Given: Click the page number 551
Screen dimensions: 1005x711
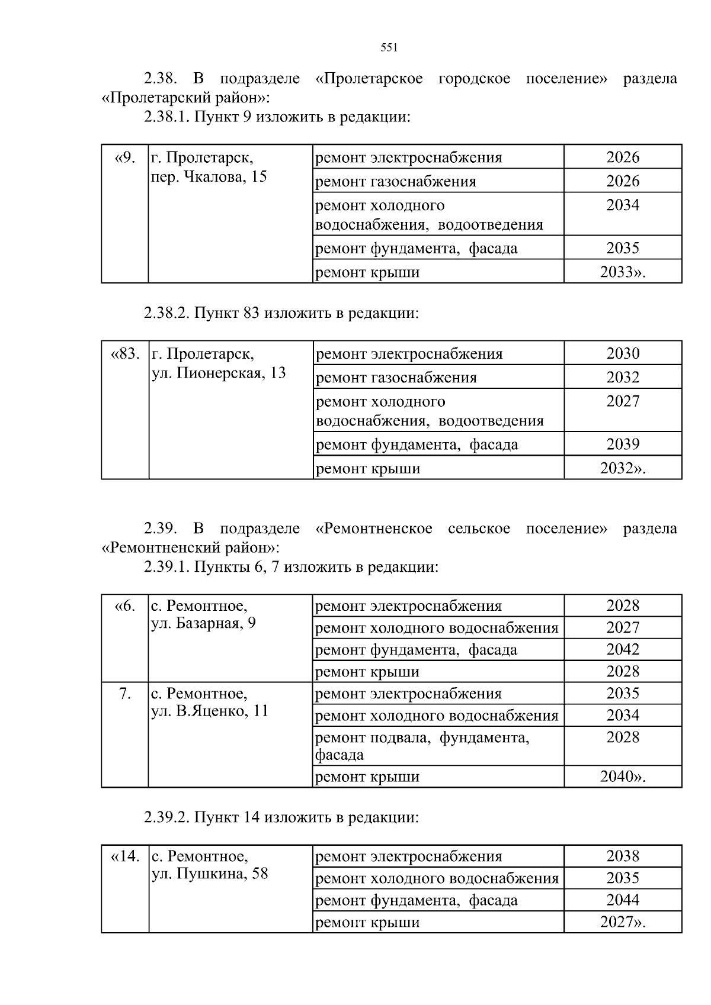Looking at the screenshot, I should pos(389,48).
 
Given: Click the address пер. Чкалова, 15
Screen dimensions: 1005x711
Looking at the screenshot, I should pos(209,176).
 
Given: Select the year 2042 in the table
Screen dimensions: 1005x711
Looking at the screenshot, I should pos(623,649).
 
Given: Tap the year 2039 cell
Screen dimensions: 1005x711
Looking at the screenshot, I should pos(623,444).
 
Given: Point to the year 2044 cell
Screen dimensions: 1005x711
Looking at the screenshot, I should pos(623,900).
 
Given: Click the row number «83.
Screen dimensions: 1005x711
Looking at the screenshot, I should pos(126,354).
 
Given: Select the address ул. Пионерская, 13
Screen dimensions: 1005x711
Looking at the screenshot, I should pos(219,373).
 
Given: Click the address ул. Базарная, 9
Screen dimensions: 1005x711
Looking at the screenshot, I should pos(203,623).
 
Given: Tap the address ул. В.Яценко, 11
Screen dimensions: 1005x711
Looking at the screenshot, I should pos(210,711).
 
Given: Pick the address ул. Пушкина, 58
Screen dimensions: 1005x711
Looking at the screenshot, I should pos(210,874).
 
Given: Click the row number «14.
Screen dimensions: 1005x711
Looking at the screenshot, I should pos(126,856).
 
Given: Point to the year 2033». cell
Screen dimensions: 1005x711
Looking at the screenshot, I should pos(623,272).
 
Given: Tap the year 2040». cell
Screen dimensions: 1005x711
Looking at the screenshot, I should pos(623,777).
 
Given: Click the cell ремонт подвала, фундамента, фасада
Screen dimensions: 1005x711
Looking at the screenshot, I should pos(421,746).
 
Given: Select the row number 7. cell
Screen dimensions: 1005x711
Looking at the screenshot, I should pos(125,693).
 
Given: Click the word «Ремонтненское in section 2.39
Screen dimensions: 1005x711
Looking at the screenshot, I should pos(374,529).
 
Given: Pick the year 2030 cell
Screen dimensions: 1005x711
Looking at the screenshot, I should pos(623,353).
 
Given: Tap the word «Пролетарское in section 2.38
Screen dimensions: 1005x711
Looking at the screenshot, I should pos(370,79).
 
